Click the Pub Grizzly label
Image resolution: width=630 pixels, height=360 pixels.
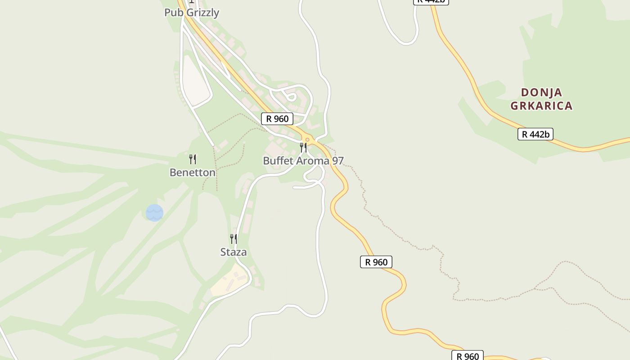[192, 13]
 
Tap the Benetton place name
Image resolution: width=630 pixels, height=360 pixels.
[193, 172]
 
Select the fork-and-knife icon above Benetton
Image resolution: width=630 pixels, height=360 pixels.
[193, 159]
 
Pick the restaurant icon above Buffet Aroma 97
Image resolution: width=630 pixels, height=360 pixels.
[304, 148]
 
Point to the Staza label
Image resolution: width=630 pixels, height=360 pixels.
[234, 252]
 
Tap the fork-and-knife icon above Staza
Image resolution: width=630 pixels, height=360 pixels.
[234, 239]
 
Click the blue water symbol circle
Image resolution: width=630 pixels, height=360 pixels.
[154, 213]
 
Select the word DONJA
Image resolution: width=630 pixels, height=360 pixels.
[542, 93]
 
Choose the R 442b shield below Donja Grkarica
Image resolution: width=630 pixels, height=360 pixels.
[535, 134]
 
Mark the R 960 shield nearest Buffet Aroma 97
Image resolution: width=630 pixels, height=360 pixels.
[277, 119]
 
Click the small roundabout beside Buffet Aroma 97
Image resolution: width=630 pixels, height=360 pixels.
[308, 139]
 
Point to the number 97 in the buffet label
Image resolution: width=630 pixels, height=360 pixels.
[338, 161]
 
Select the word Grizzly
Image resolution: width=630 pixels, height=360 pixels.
[202, 13]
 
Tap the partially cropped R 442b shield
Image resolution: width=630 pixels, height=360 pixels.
[431, 2]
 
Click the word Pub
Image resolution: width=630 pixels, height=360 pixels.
[174, 13]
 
